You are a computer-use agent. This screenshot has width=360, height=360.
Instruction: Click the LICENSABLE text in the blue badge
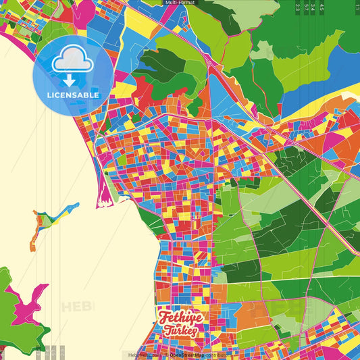[x=73, y=95]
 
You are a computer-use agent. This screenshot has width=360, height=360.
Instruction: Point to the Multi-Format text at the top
[x=180, y=3]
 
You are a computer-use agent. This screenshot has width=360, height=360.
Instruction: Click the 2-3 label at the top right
[x=298, y=7]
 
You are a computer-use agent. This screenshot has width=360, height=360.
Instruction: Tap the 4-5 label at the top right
[x=322, y=7]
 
